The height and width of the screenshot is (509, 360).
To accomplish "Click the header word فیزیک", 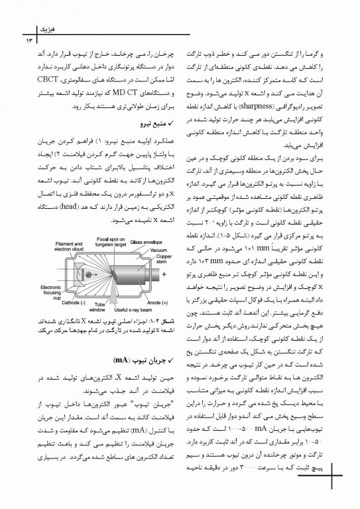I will click(30, 30).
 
